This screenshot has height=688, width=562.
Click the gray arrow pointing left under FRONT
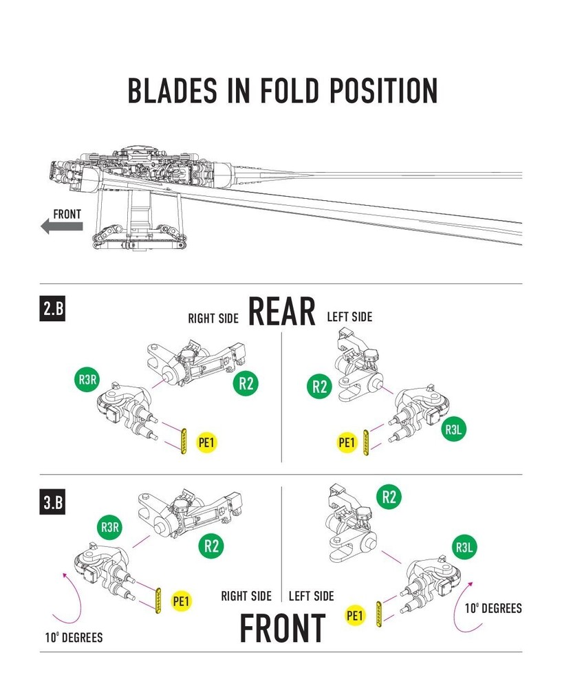(61, 226)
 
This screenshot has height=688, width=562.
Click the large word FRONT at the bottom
(282, 628)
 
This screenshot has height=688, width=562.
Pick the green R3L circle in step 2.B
(453, 430)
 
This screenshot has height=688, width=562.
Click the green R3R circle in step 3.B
(111, 528)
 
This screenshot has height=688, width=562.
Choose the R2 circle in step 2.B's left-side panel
(319, 386)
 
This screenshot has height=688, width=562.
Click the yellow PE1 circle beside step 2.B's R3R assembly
(206, 442)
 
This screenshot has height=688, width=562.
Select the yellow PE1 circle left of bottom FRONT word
(355, 615)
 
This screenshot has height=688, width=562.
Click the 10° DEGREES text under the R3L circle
(493, 608)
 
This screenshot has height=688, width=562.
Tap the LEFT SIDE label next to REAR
(349, 317)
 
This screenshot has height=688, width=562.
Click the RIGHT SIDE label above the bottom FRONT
(246, 596)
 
